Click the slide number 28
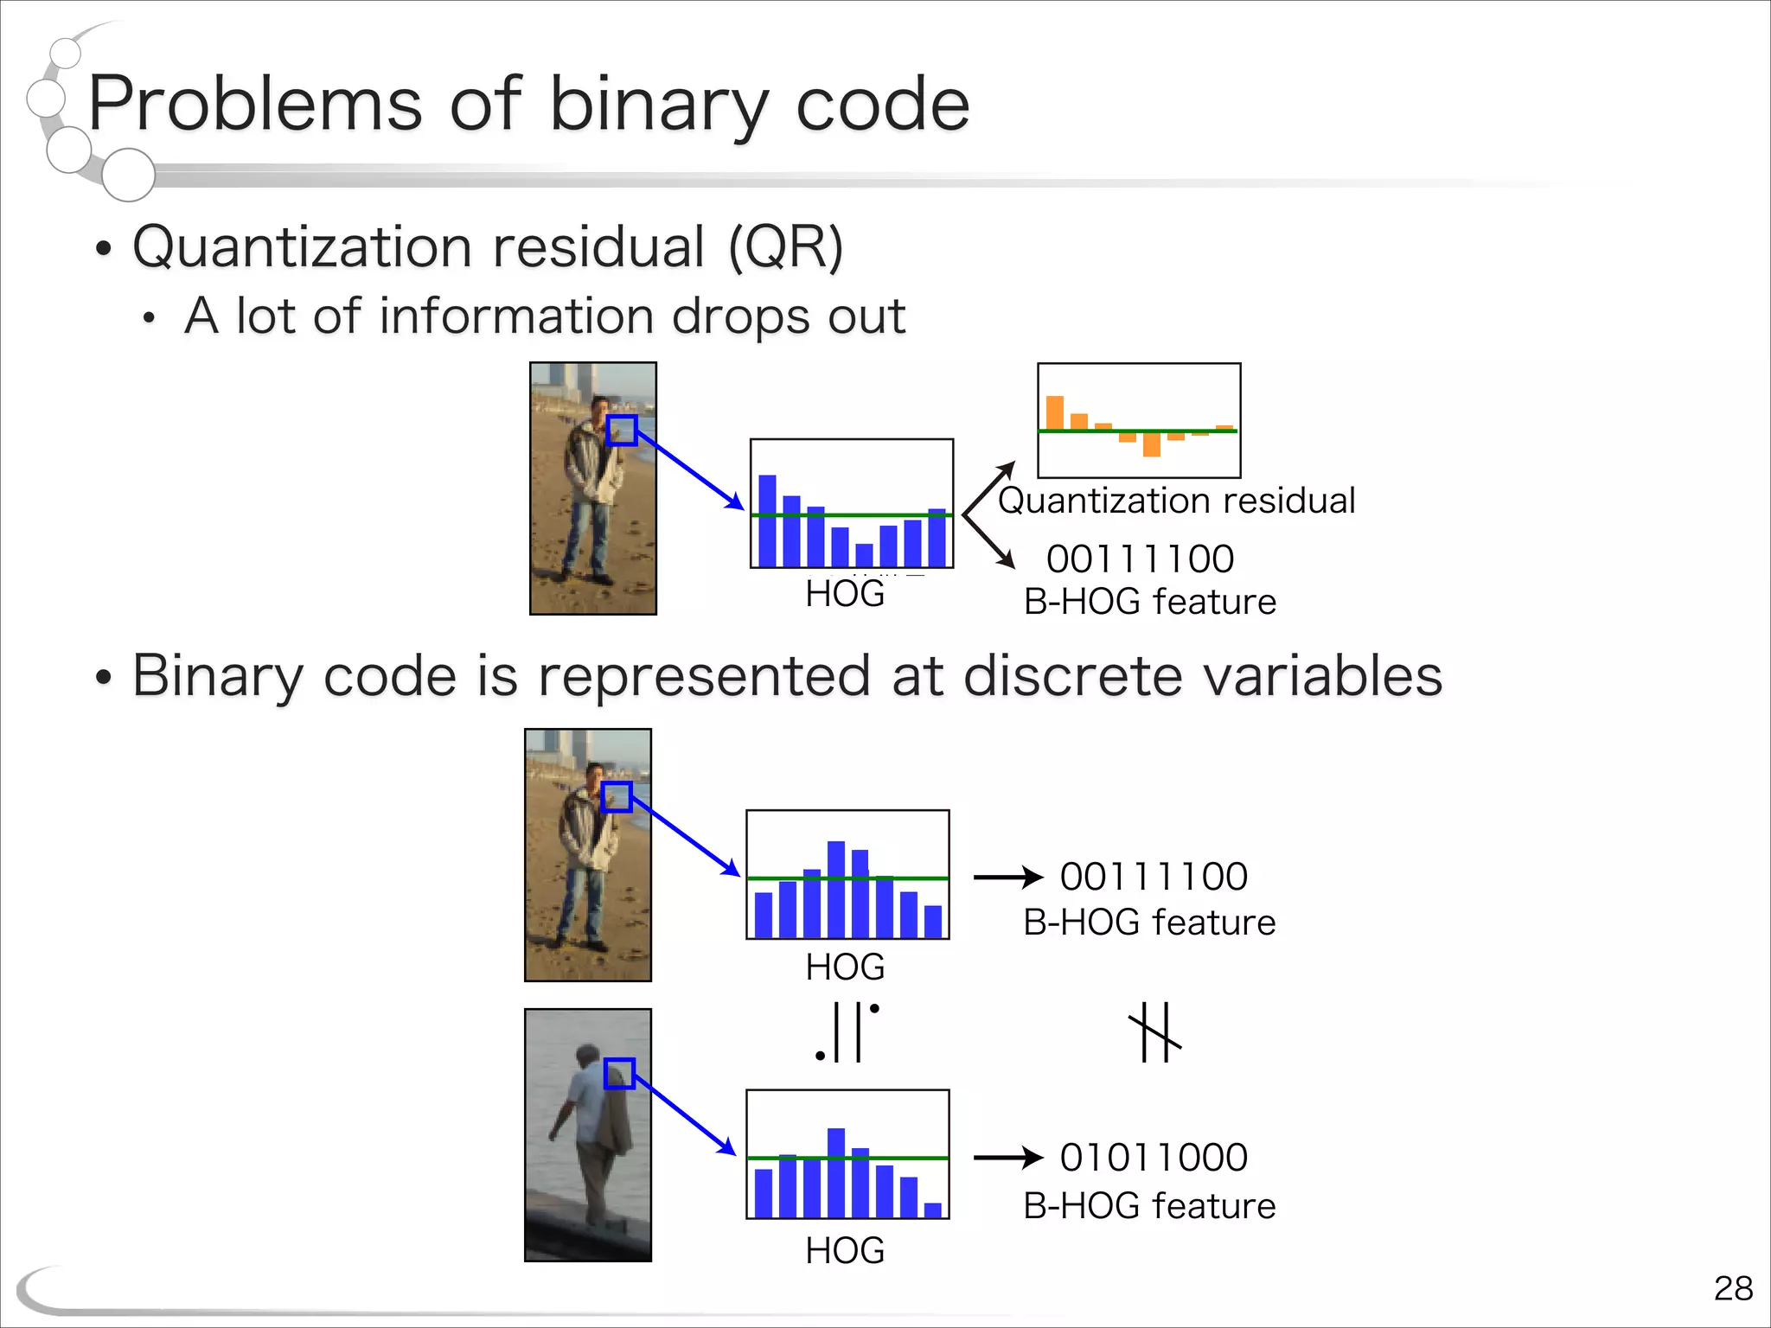[1732, 1288]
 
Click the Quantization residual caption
[1176, 501]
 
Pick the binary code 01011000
[1154, 1158]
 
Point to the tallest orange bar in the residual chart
[1054, 413]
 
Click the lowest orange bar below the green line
[1151, 444]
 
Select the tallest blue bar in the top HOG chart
[767, 520]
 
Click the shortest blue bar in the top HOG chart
[864, 555]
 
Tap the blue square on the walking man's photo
[619, 1074]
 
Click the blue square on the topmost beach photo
[622, 431]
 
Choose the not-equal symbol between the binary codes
[1155, 1032]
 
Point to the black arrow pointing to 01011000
[1007, 1158]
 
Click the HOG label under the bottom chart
[845, 1251]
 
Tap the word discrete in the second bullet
[1072, 675]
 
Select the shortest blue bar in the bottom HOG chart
[933, 1210]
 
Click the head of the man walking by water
[587, 1057]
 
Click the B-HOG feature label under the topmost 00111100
[1149, 602]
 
